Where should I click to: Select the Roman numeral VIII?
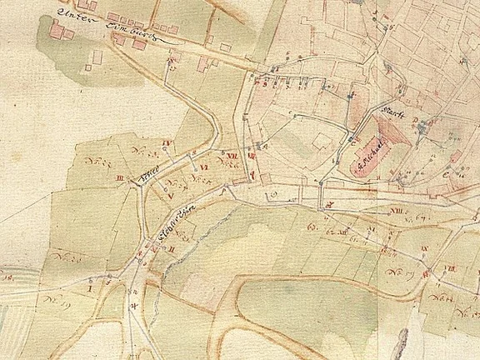451,267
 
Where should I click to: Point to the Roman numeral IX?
424,249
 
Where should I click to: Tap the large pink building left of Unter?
58,30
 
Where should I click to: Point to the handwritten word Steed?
151,172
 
